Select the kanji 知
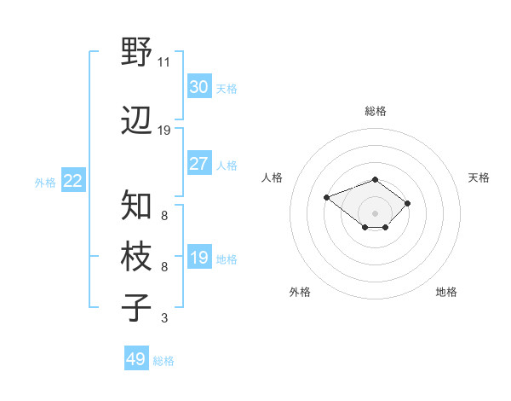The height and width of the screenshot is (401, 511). pos(137,206)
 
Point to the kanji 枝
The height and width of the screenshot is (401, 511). pos(137,257)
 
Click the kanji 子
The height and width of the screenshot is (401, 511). pos(137,308)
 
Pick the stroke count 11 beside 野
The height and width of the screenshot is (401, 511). pos(164,62)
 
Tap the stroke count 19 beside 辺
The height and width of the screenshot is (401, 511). pos(164,131)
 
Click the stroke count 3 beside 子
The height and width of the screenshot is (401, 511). pos(164,318)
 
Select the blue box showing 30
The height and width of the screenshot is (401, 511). pos(198,87)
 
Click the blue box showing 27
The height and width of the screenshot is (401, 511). pos(198,164)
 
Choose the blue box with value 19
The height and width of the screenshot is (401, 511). pos(198,258)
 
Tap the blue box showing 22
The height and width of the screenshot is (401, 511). pos(72,181)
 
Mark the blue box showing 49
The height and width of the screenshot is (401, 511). pos(135,359)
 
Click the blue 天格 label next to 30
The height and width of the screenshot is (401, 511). pos(227,89)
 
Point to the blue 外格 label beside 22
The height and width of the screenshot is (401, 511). pos(45,182)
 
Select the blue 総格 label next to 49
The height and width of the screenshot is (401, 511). pos(164,361)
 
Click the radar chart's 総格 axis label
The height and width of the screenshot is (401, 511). pos(376,111)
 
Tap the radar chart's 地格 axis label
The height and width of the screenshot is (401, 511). pos(446,292)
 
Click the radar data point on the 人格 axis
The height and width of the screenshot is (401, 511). pos(327,198)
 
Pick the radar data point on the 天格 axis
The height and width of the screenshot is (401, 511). pos(408,203)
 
